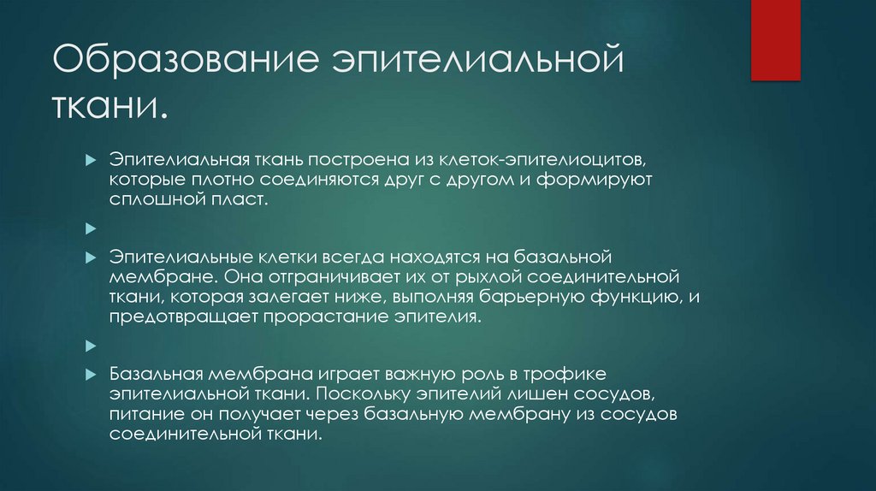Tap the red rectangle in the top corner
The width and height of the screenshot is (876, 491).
(x=775, y=39)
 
